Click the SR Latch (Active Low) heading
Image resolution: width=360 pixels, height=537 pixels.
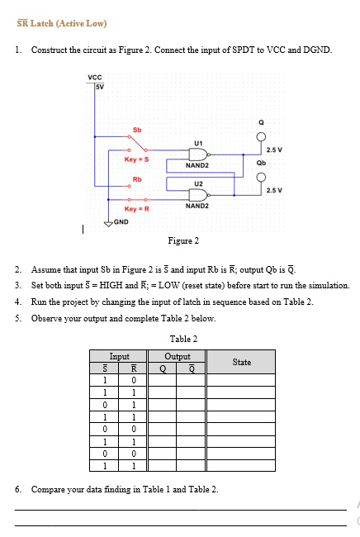tap(62, 23)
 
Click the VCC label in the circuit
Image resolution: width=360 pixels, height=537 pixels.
tap(95, 78)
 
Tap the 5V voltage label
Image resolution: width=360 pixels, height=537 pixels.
tap(100, 87)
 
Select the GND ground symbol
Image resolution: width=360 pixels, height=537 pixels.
tap(108, 224)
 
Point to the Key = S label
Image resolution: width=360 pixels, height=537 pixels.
tap(136, 159)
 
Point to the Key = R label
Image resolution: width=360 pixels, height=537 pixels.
tap(136, 209)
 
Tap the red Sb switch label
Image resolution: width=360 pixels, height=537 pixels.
tap(137, 130)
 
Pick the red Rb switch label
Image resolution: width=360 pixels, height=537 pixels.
tap(137, 179)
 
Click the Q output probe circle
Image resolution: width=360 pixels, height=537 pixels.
tap(261, 137)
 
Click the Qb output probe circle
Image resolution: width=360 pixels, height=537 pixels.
tap(261, 177)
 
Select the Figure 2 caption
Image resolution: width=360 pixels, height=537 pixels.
tap(183, 240)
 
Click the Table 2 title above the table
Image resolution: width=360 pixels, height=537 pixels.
tap(183, 339)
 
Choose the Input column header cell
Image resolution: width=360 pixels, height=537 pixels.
tap(118, 356)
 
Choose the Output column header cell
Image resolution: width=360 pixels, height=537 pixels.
tap(177, 356)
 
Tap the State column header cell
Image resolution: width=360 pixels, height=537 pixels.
tap(241, 362)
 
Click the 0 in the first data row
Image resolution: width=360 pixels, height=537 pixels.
tap(134, 380)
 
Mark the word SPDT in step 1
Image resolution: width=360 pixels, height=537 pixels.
tap(243, 50)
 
